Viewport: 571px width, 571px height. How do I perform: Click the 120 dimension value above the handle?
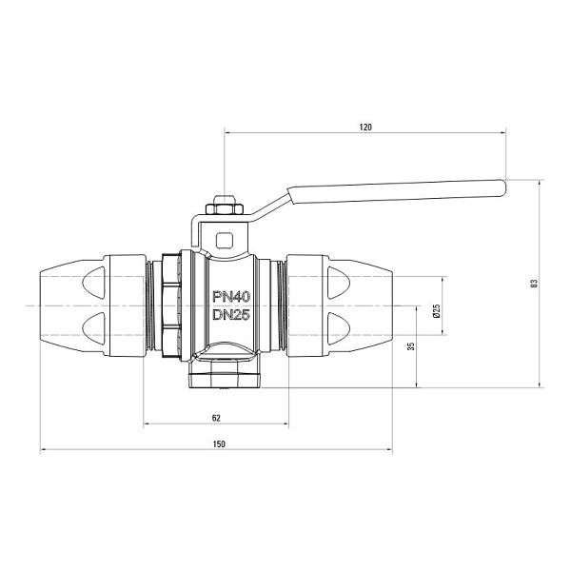[x=365, y=128]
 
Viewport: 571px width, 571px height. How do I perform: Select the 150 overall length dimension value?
[x=219, y=443]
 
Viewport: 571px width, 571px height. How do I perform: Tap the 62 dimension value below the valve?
[x=216, y=418]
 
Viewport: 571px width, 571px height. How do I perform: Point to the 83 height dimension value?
[x=534, y=284]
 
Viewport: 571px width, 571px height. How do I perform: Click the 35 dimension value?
[x=411, y=346]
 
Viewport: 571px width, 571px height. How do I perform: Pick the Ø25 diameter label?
[x=437, y=310]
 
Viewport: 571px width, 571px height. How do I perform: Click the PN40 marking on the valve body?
[x=231, y=297]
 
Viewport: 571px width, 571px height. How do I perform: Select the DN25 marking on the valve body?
[x=231, y=314]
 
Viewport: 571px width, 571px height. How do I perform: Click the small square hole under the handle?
[x=224, y=240]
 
